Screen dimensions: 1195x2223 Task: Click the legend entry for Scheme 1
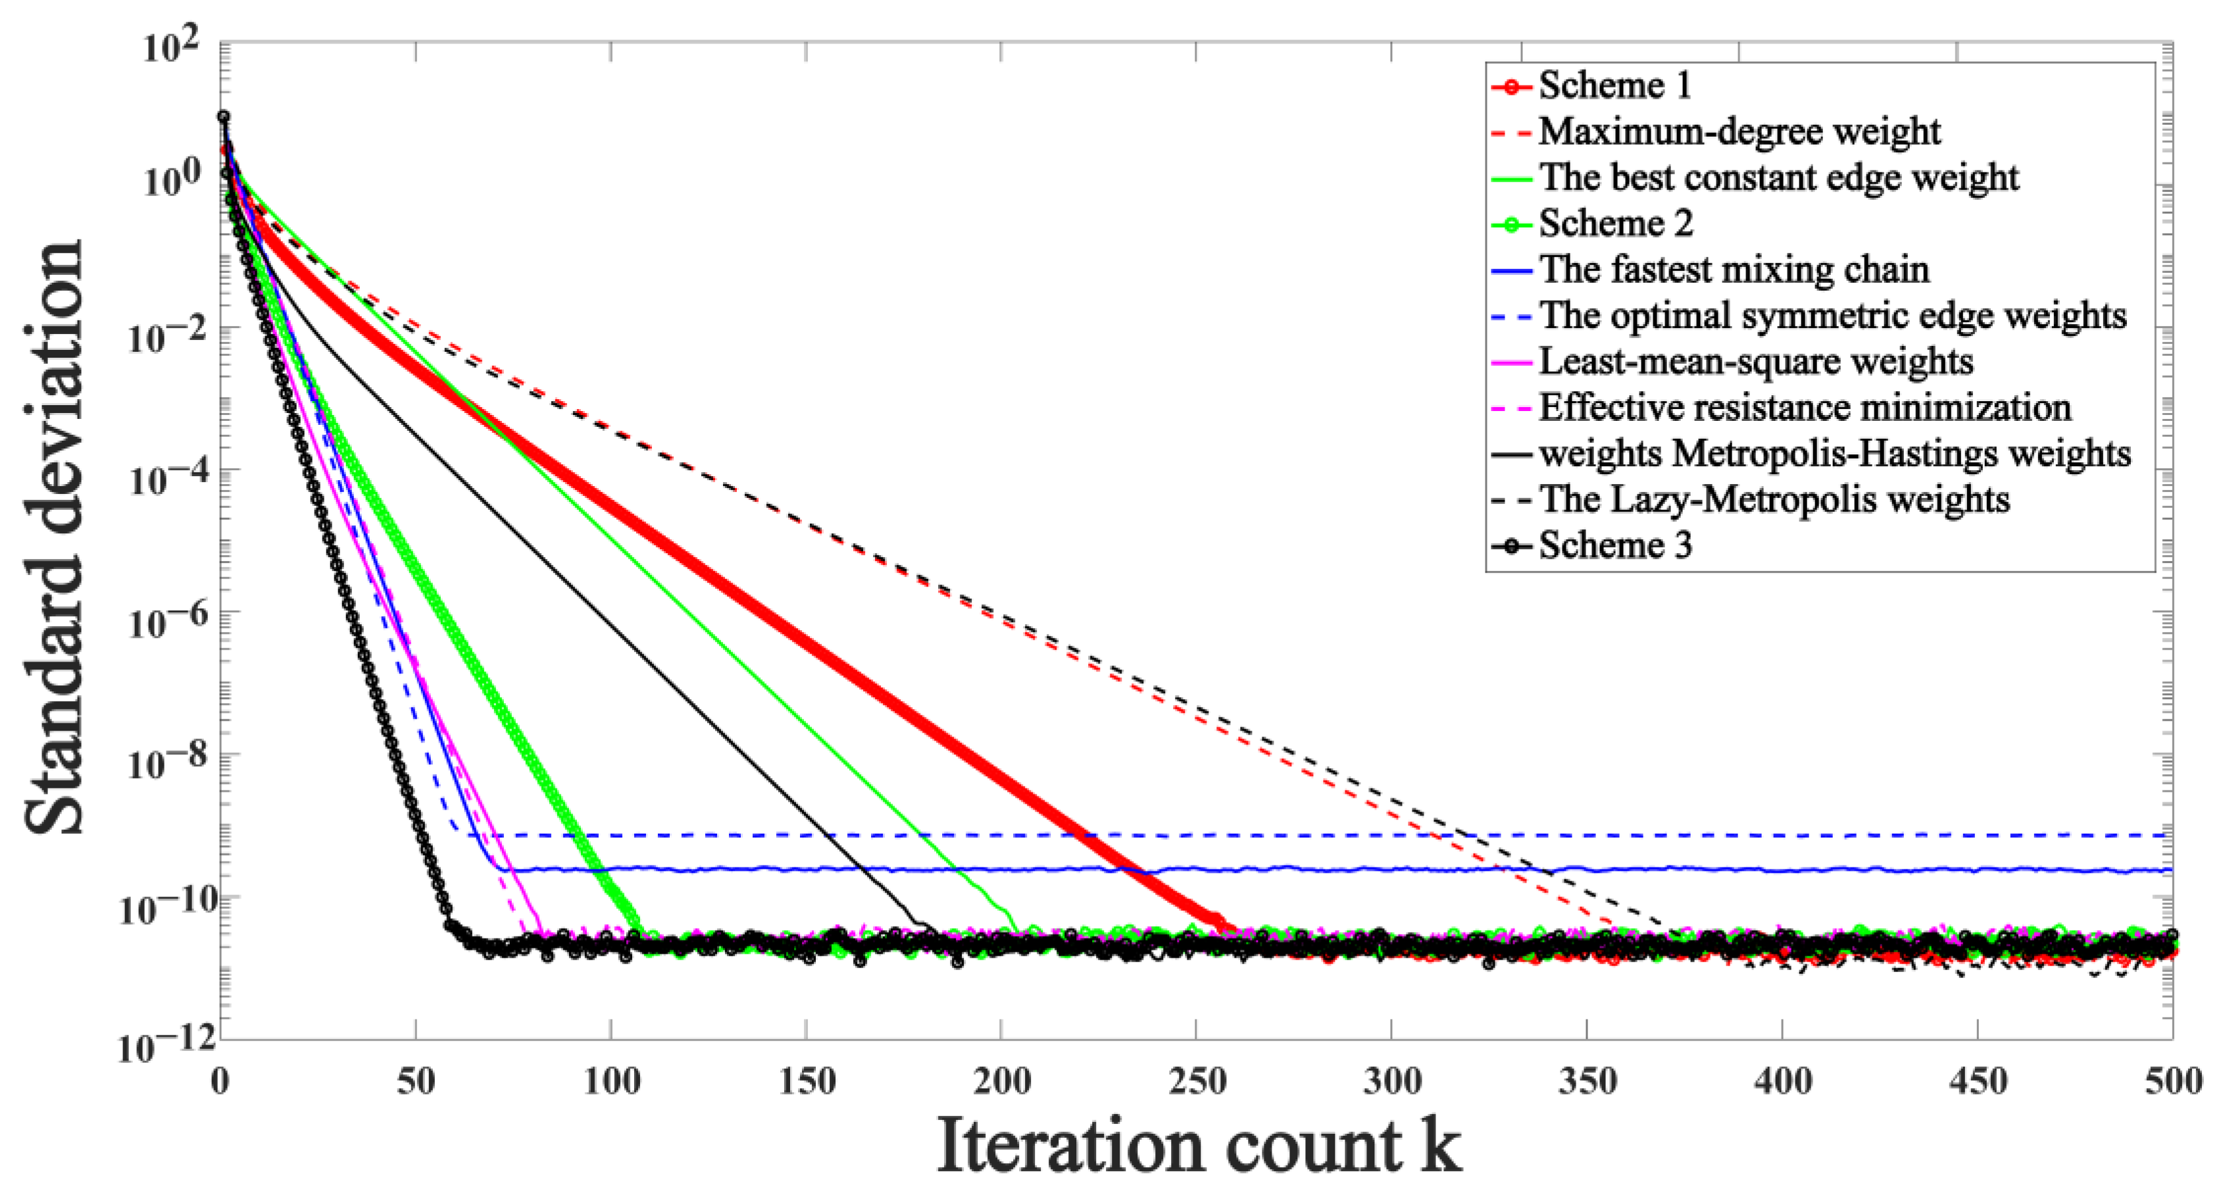[1614, 85]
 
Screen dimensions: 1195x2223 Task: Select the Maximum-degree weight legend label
[1739, 131]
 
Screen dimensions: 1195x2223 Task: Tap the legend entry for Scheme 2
[1614, 224]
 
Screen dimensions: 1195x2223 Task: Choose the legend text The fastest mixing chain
[1734, 269]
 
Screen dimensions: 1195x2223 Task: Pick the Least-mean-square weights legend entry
[1755, 360]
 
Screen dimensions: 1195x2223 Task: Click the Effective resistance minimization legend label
[1805, 407]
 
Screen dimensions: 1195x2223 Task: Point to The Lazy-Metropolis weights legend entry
[1774, 499]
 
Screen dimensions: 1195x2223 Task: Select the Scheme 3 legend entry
[1614, 545]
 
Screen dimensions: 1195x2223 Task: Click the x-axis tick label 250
[1196, 1081]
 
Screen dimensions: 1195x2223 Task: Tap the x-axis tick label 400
[1782, 1081]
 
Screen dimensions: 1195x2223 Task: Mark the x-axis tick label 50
[416, 1081]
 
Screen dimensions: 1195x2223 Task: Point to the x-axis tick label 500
[2171, 1081]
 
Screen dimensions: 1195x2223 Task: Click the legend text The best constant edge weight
[1778, 177]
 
